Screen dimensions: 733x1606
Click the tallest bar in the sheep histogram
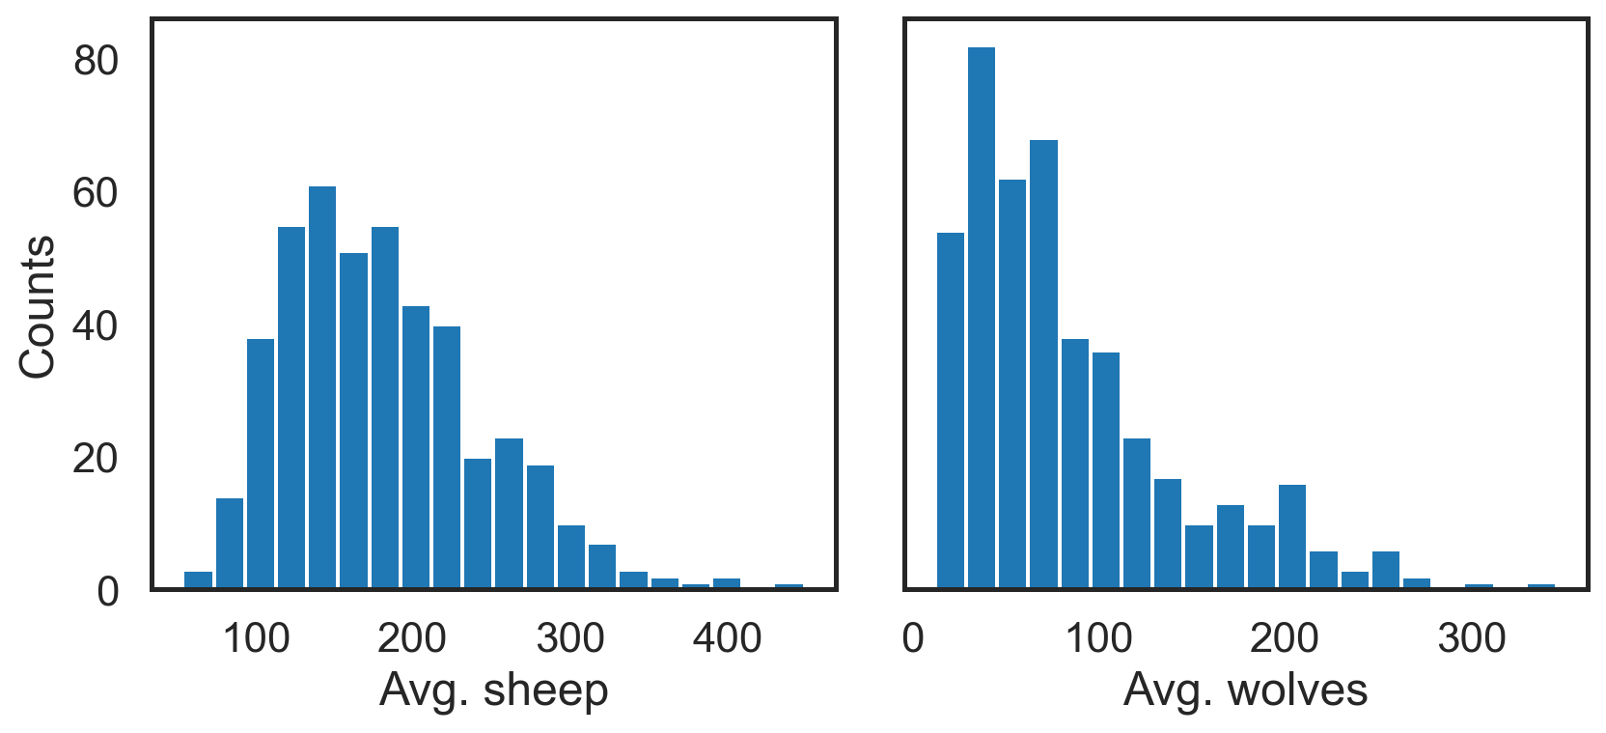point(322,386)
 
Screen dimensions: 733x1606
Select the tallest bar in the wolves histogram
point(982,319)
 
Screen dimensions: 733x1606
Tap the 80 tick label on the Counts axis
point(96,61)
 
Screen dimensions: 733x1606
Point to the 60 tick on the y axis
point(96,193)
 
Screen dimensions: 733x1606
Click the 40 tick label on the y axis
point(96,326)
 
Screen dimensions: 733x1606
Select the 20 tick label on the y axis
point(96,459)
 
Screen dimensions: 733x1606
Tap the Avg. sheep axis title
point(493,691)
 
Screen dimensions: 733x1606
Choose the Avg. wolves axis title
point(1245,691)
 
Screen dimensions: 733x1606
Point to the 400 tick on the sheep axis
point(727,638)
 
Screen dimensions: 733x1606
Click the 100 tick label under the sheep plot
point(256,638)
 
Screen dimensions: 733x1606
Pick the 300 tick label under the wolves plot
point(1471,638)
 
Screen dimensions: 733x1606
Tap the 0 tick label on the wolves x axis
point(913,638)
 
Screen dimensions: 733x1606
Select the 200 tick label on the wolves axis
point(1284,638)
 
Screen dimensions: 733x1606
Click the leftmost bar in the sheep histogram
point(198,579)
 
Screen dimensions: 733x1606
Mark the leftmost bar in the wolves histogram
point(951,410)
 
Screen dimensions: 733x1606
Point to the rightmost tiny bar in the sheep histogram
point(789,585)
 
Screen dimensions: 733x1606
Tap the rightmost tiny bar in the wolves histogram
point(1541,585)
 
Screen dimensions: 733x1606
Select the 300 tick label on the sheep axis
point(570,638)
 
